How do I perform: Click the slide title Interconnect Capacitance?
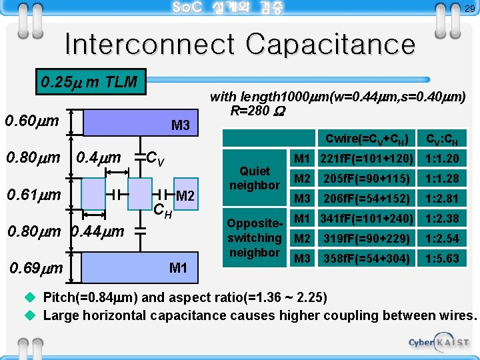pos(239,45)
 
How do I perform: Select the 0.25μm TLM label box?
pos(89,83)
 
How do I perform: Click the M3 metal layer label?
pos(181,125)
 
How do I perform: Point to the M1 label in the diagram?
pos(178,268)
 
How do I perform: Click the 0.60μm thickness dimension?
pos(32,121)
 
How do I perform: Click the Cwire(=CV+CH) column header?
pos(367,139)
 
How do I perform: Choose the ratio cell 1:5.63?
pos(440,258)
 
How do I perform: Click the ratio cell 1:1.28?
pos(440,178)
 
